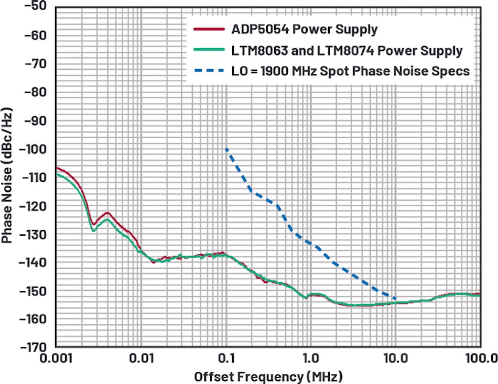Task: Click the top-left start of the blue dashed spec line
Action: [226, 149]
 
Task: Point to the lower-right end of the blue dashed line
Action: [395, 299]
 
